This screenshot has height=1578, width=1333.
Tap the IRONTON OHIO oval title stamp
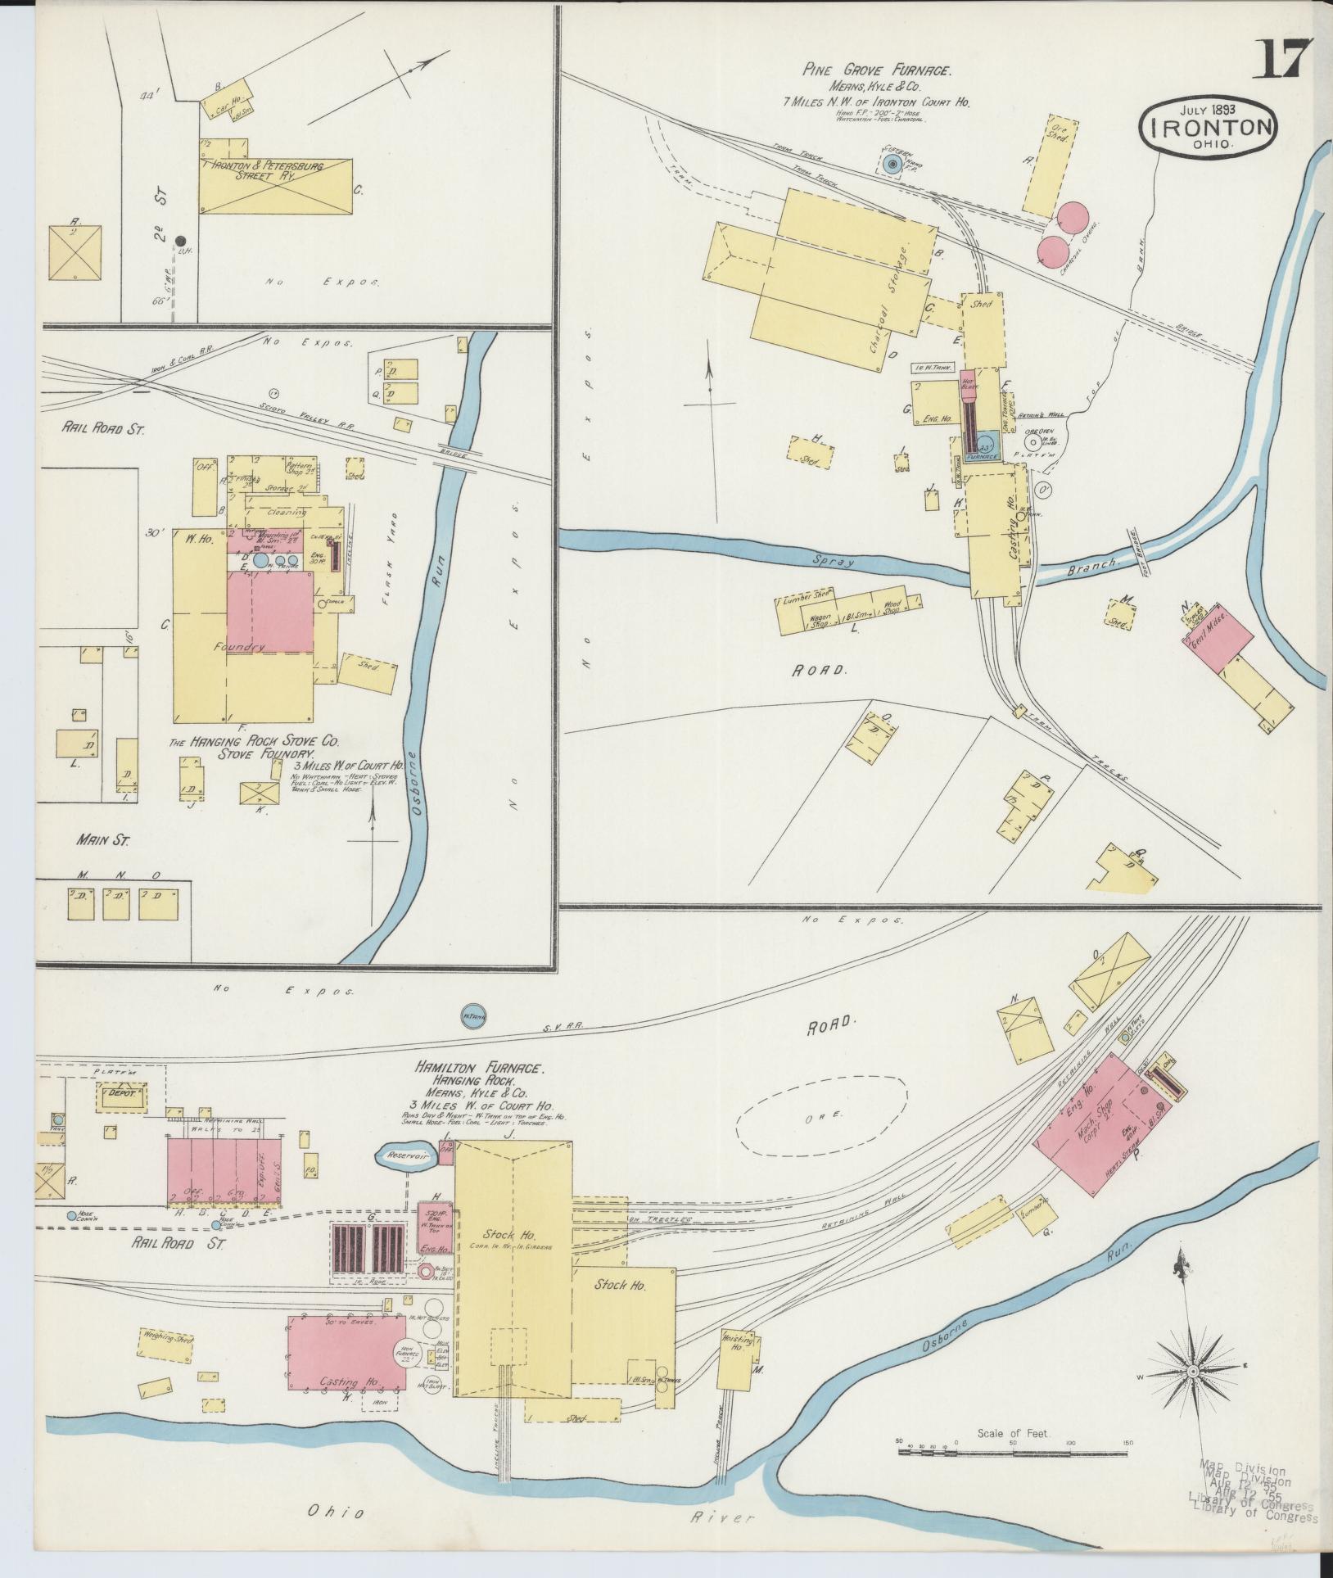pos(1208,128)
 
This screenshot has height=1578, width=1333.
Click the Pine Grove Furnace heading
pos(876,72)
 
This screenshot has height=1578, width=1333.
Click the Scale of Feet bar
pos(1014,1450)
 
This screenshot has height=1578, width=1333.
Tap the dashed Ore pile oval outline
pos(821,1116)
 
